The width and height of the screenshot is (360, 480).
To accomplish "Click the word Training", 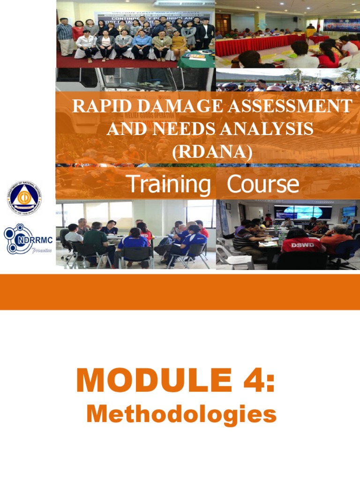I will (x=169, y=184).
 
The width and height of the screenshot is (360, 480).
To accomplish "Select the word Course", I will (x=262, y=184).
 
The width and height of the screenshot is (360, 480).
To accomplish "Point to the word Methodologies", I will (x=181, y=414).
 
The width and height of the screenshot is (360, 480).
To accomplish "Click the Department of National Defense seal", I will (x=24, y=197).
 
